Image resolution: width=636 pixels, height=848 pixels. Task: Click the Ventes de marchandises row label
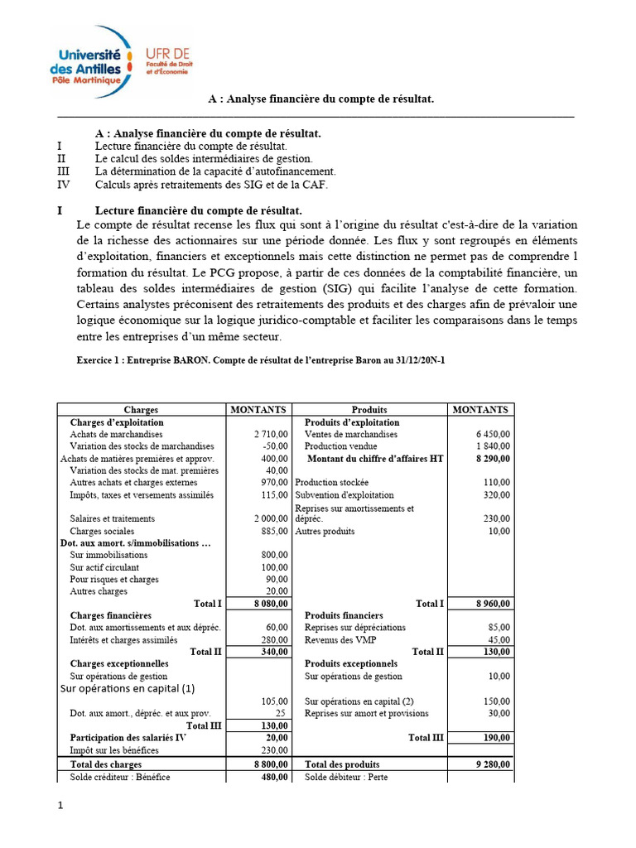351,434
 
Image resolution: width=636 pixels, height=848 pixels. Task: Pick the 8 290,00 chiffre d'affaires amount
493,458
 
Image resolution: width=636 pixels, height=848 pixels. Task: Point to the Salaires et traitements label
113,518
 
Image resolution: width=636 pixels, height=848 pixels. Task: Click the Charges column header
141,410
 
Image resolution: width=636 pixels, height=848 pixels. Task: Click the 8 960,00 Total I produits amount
493,604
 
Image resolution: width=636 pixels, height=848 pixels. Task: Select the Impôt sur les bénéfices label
114,749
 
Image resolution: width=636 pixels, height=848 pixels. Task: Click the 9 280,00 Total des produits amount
493,764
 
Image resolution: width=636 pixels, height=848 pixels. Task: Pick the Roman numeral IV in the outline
63,185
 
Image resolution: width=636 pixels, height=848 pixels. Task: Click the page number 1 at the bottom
60,805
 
